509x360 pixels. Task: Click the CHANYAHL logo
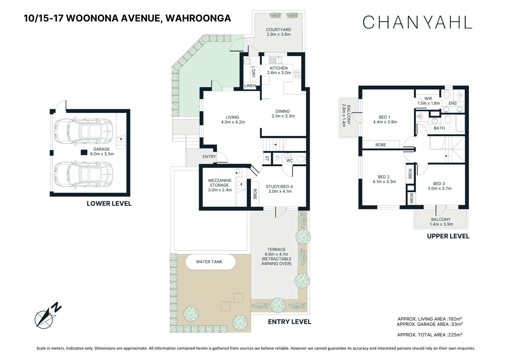tap(417, 22)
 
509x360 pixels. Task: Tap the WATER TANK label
tap(209, 262)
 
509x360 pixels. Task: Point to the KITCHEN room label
tap(279, 68)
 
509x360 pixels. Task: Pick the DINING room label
tap(282, 111)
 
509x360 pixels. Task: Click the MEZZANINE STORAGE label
tap(220, 183)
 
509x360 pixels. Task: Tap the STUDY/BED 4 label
tap(279, 187)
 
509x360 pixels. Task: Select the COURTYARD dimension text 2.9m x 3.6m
tap(278, 34)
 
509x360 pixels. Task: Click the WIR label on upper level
tap(428, 99)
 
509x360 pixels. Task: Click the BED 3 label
tap(439, 184)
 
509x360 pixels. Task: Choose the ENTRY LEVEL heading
tap(289, 322)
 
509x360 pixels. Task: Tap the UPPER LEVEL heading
tap(448, 236)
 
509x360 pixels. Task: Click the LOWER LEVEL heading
tap(109, 204)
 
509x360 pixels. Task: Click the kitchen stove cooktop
tap(297, 74)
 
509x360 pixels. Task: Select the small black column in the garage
tap(83, 152)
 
